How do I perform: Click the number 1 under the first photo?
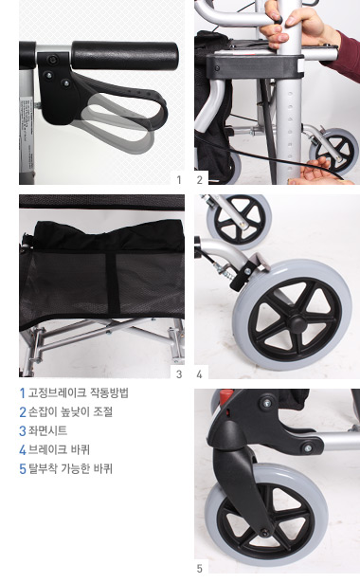coord(177,178)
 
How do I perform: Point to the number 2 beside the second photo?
coord(200,178)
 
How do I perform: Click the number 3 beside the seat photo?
coord(177,373)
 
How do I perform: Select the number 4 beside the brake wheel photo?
coord(200,373)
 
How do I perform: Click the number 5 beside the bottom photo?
coord(200,568)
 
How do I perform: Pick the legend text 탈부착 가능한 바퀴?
coord(71,468)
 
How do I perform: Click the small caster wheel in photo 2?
coord(333,152)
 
